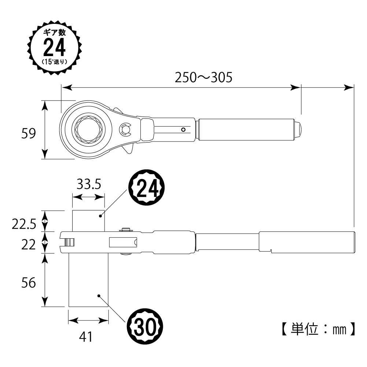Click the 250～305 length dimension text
pyautogui.click(x=203, y=77)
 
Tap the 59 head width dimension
pyautogui.click(x=29, y=133)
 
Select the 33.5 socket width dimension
pyautogui.click(x=89, y=184)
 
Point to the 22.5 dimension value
pyautogui.click(x=24, y=224)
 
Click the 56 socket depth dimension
pyautogui.click(x=29, y=283)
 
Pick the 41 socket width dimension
pyautogui.click(x=86, y=337)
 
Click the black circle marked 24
pyautogui.click(x=147, y=187)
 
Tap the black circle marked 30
pyautogui.click(x=145, y=326)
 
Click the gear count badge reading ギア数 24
pyautogui.click(x=55, y=48)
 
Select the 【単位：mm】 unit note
pyautogui.click(x=319, y=329)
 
